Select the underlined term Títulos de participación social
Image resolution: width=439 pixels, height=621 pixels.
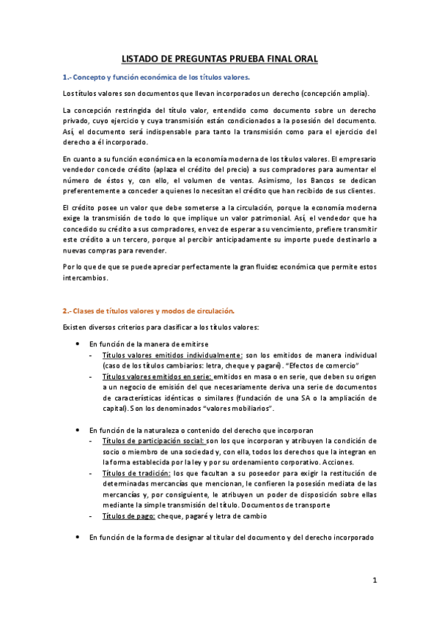[x=154, y=441]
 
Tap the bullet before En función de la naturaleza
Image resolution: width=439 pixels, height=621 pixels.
[x=78, y=430]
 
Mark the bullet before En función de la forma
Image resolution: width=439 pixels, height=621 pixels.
[x=78, y=538]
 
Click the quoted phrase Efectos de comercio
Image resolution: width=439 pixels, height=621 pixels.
[x=325, y=365]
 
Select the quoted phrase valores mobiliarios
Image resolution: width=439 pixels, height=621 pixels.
[x=241, y=408]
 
